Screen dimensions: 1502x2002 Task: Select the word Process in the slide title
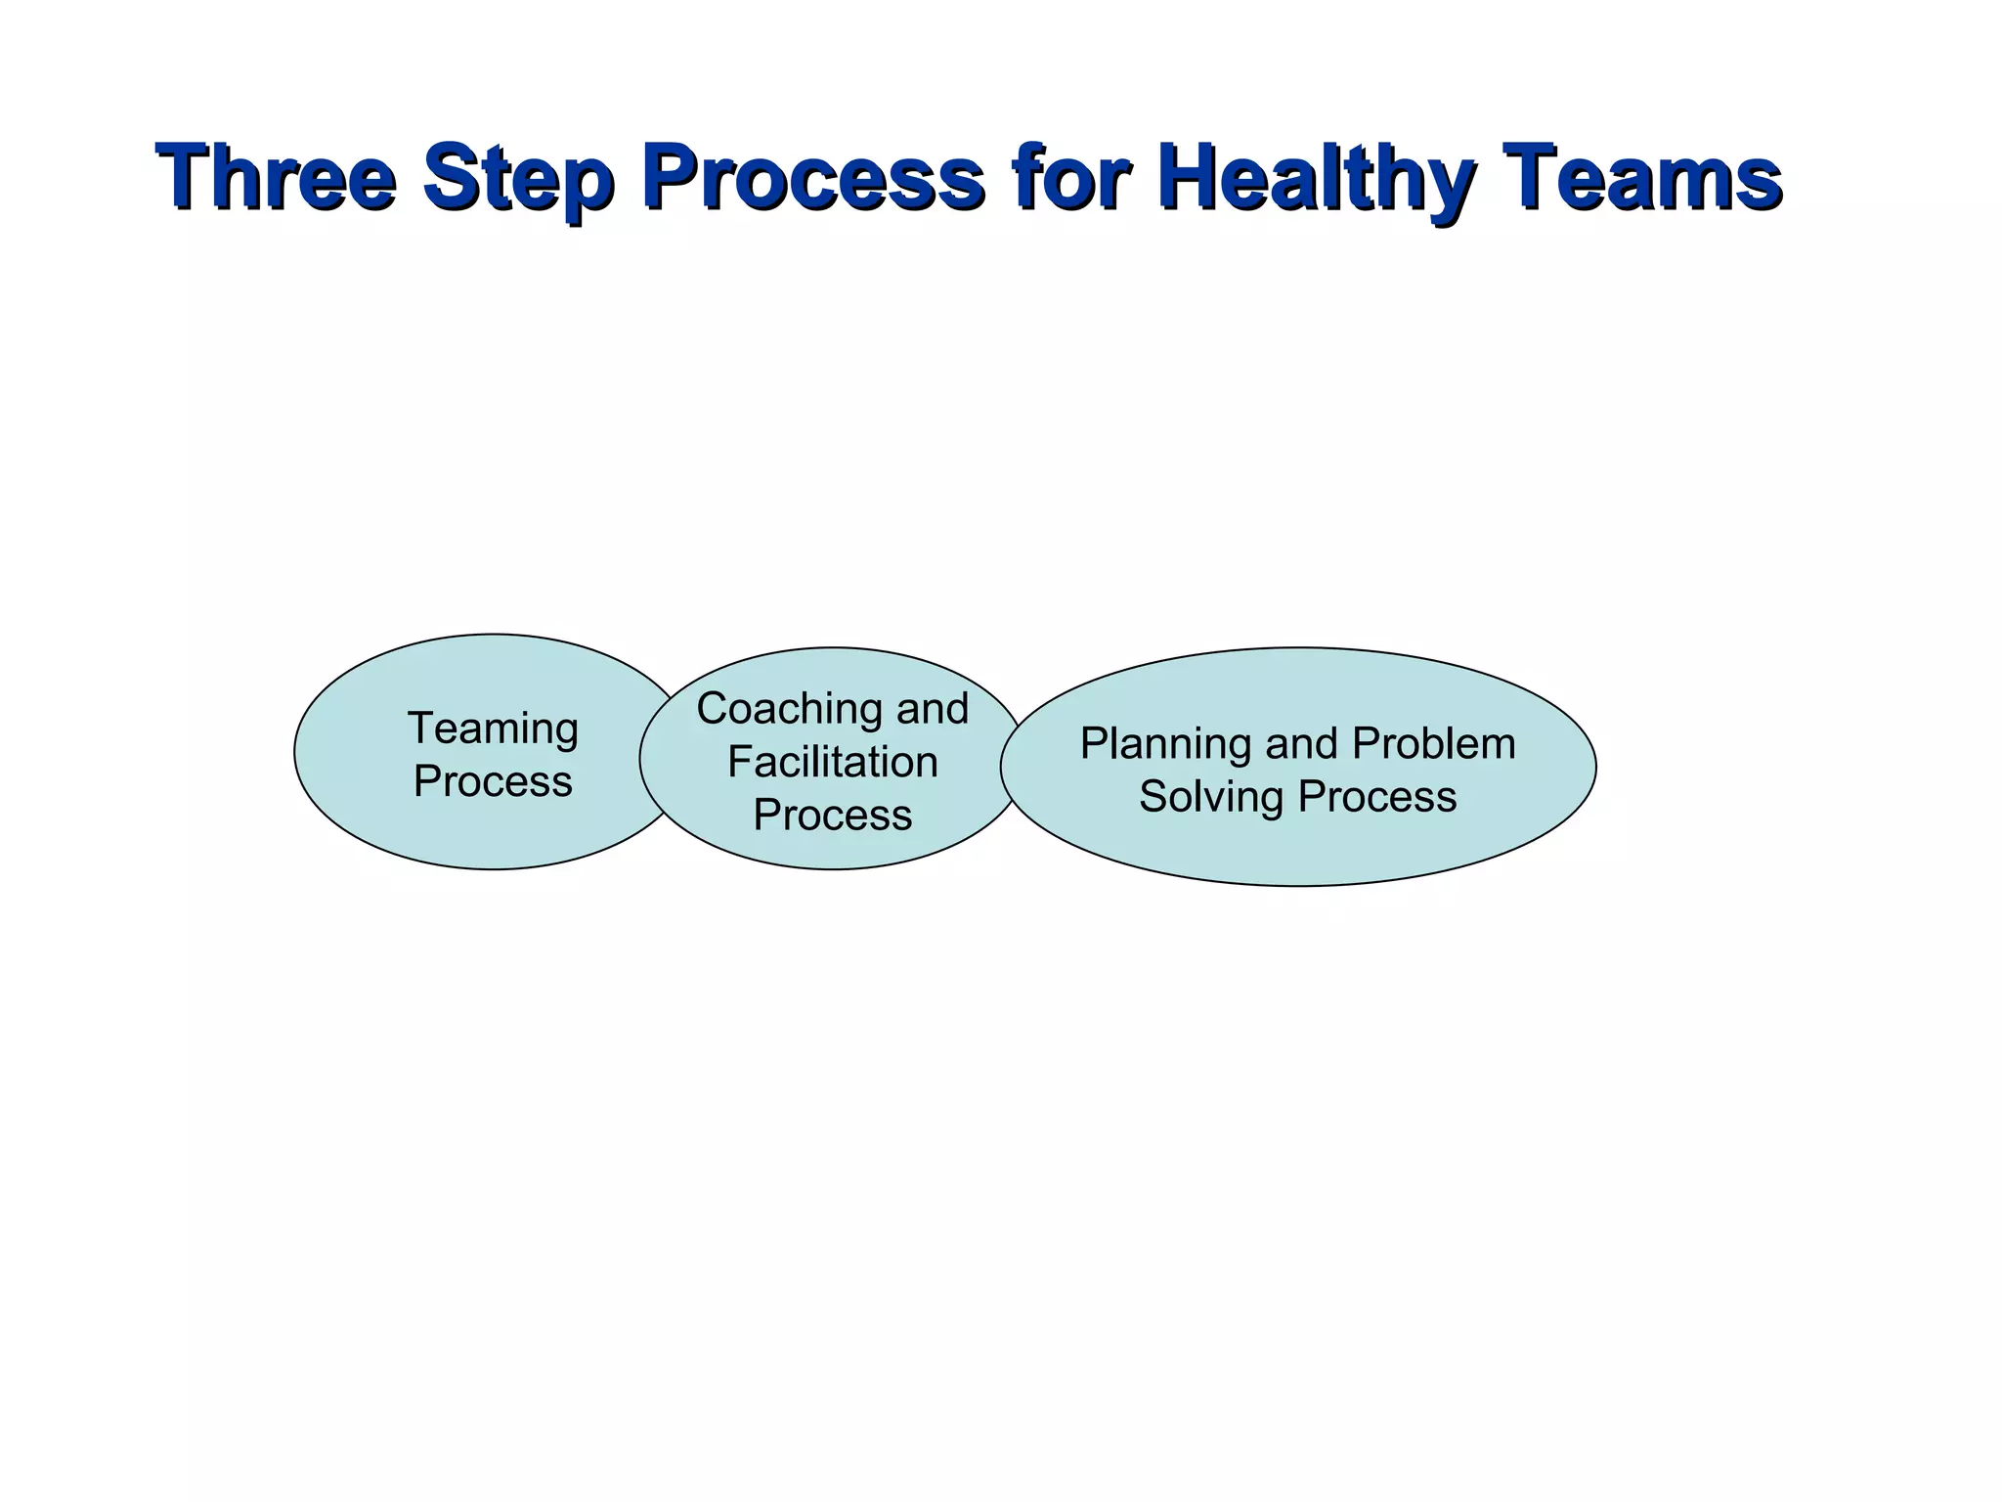coord(813,177)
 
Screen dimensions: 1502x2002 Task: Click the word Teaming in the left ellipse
coord(493,729)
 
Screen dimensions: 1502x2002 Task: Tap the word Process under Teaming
coord(493,781)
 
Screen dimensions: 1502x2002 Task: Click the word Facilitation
coord(833,762)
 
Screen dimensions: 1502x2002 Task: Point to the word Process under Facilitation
coord(833,815)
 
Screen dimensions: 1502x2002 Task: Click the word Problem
coord(1434,744)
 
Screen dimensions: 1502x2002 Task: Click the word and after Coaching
coord(933,708)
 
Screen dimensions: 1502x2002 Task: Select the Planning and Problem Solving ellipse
coord(1298,851)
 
